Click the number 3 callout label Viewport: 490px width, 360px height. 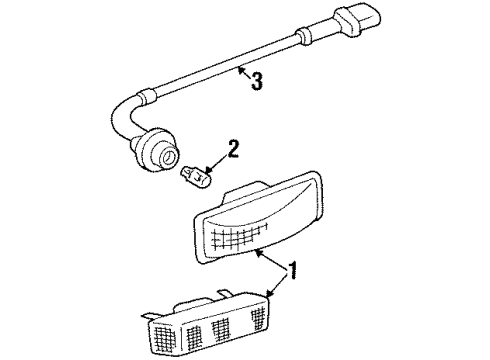(258, 82)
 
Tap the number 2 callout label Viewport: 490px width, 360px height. (233, 150)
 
